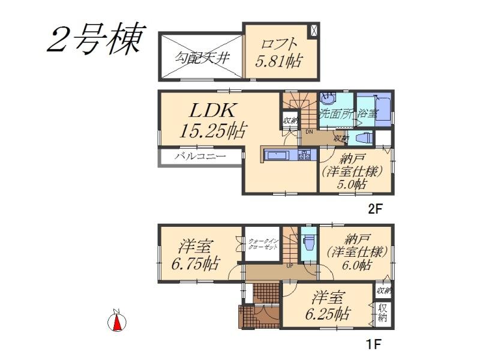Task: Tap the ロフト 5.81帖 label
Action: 278,53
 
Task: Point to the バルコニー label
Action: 200,157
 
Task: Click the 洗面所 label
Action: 336,113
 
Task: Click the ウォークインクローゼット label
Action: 263,244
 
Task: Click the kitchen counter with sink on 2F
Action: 287,155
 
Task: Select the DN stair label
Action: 308,132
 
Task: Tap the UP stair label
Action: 289,266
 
